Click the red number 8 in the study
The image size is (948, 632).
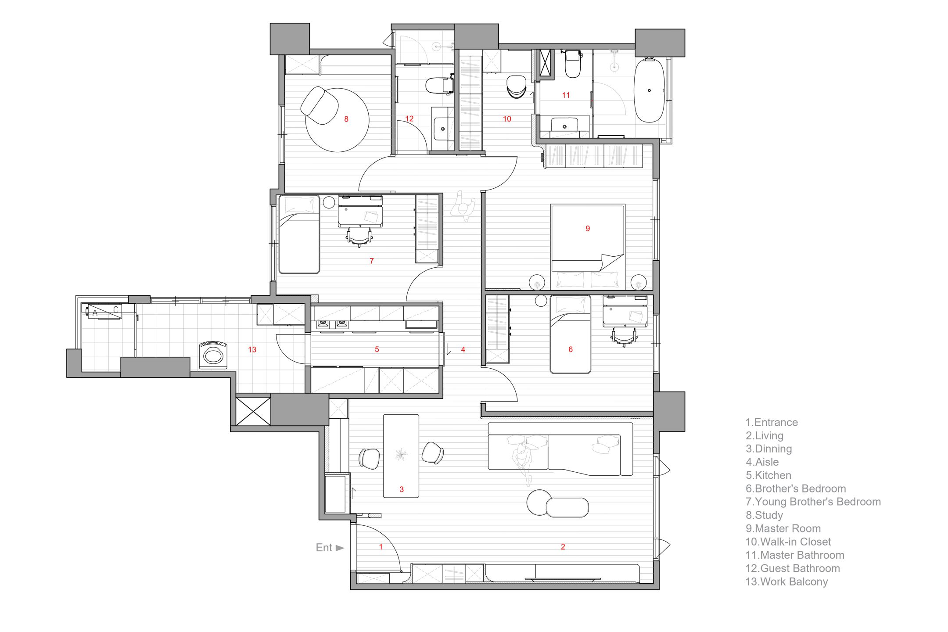[x=346, y=119]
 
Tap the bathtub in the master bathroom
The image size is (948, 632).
[x=649, y=90]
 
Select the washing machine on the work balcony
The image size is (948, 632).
[x=213, y=355]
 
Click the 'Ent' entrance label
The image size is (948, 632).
[x=324, y=548]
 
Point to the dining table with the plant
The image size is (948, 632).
[x=401, y=456]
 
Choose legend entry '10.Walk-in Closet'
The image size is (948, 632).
[x=788, y=542]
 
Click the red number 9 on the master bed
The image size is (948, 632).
[x=588, y=228]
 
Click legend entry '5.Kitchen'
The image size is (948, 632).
[x=768, y=475]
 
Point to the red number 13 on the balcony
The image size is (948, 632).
[x=252, y=350]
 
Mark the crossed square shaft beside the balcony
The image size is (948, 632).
[x=253, y=411]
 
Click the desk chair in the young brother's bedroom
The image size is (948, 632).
[x=359, y=237]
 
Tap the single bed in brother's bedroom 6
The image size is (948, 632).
[x=570, y=334]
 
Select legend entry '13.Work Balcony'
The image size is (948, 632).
[x=786, y=582]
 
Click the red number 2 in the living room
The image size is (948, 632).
[x=563, y=547]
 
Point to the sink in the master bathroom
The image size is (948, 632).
[x=564, y=124]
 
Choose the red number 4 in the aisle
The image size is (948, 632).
[x=463, y=350]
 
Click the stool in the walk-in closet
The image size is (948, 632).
[x=516, y=86]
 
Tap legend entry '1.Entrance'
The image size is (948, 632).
[x=772, y=422]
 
